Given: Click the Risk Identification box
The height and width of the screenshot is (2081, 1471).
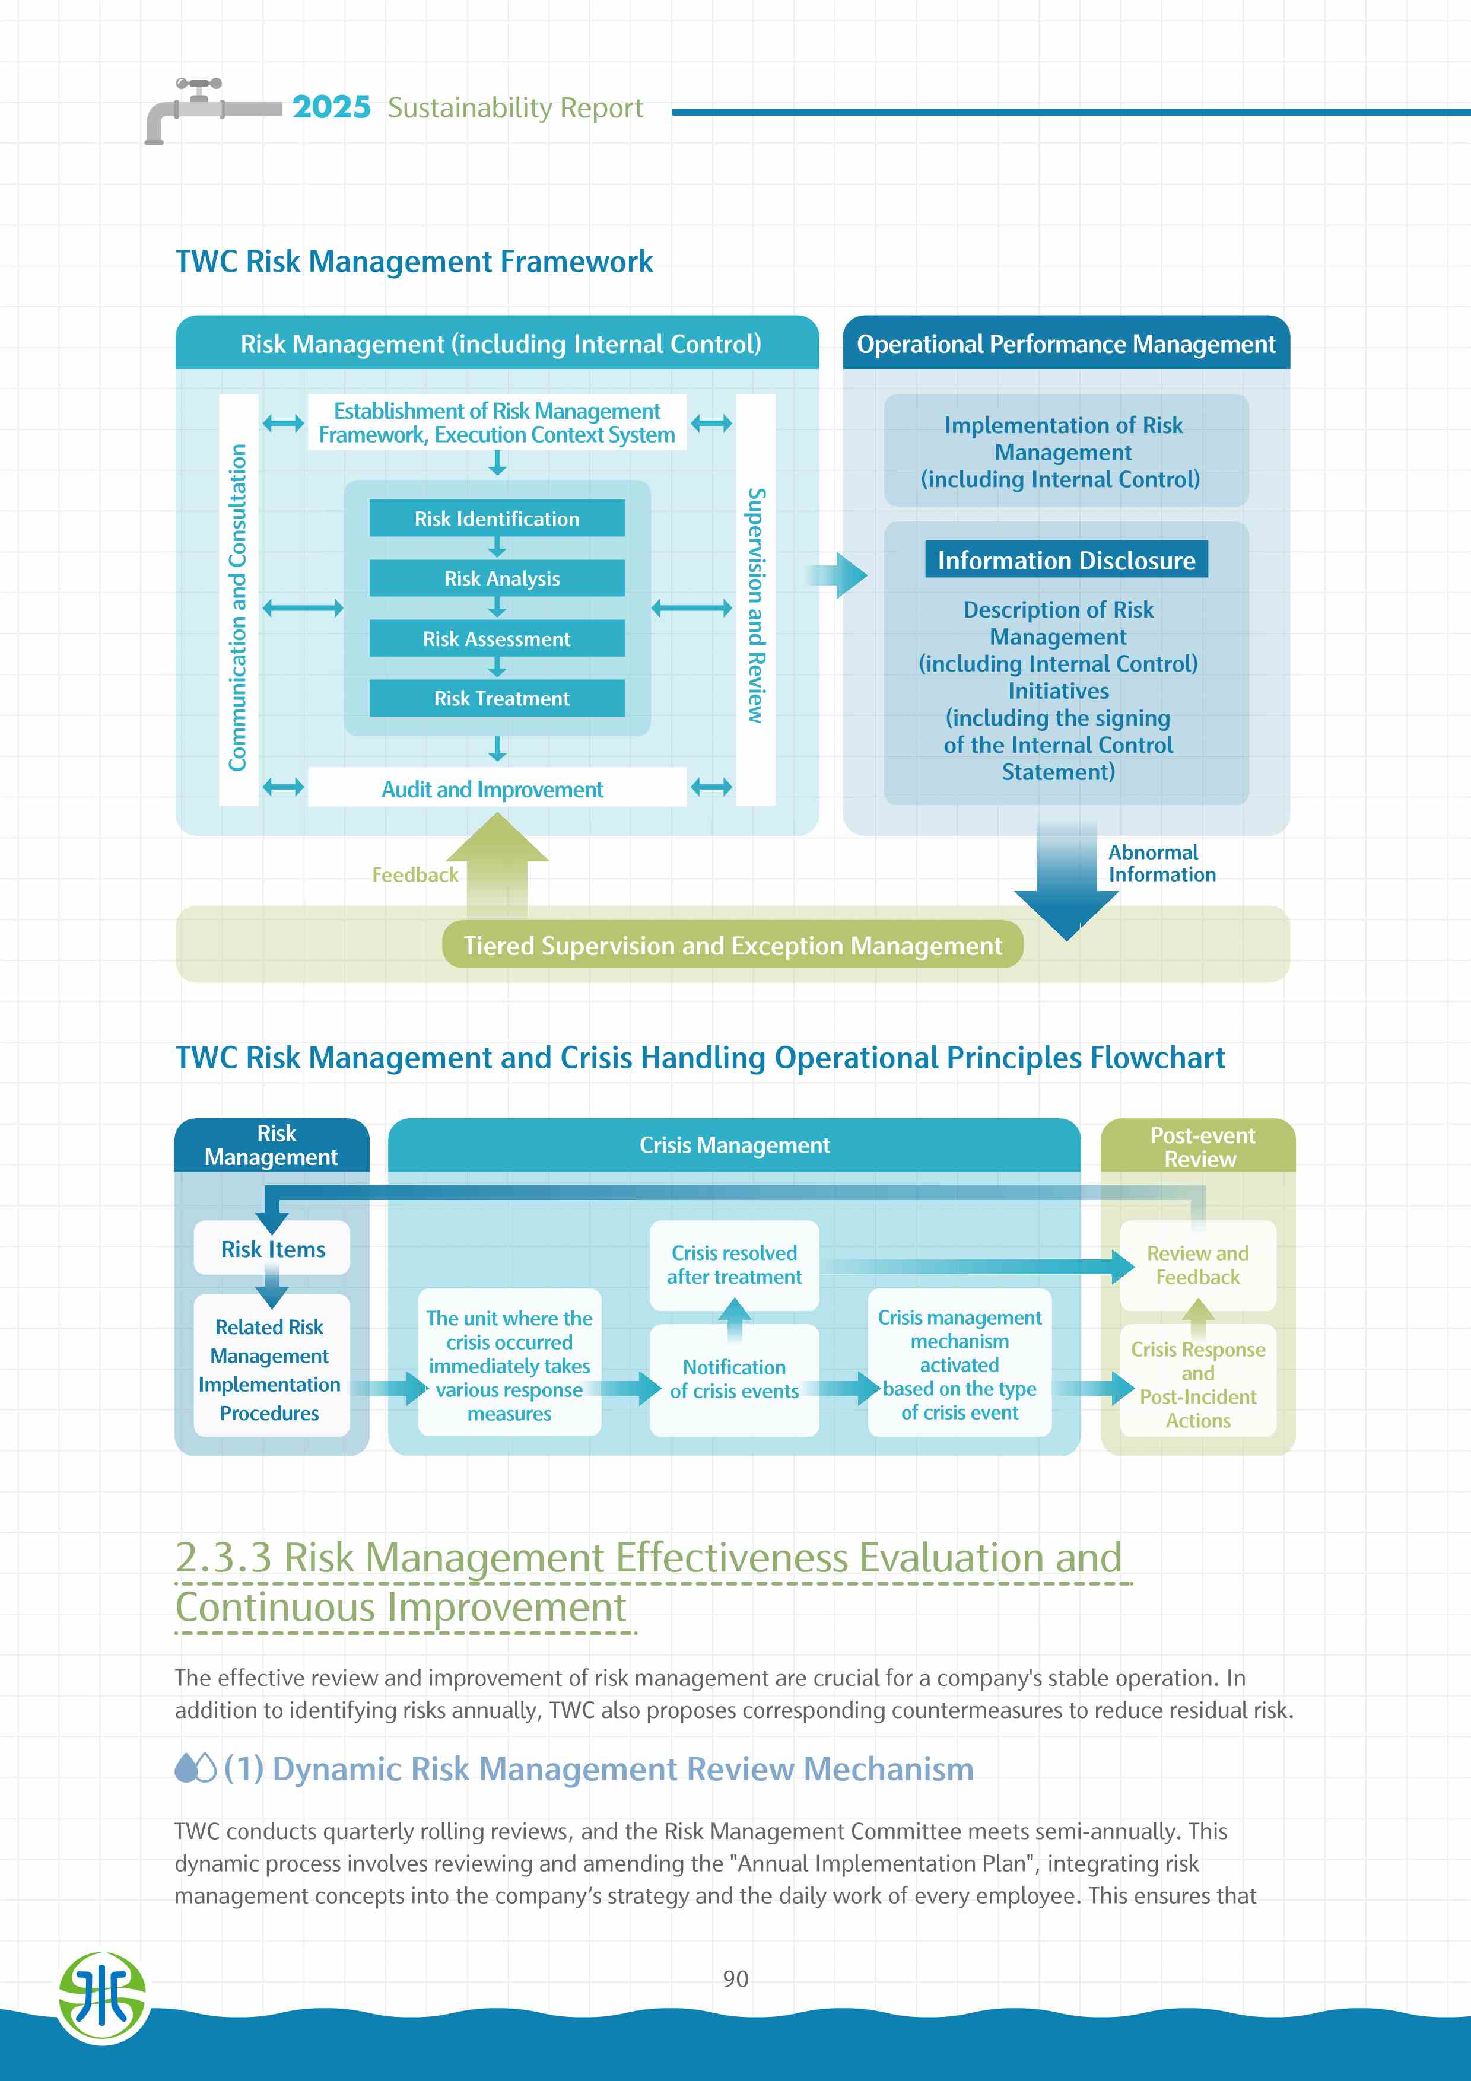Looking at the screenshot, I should pos(497,518).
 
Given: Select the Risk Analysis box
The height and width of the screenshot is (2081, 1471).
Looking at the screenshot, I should pos(497,578).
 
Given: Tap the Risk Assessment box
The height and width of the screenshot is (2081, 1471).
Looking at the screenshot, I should pos(497,639).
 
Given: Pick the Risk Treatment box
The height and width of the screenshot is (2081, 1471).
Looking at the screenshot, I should pos(497,698).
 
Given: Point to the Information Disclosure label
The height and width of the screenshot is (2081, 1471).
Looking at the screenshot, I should pos(1066,560).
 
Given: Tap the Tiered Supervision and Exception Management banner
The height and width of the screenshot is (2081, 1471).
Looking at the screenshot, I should pos(732,946).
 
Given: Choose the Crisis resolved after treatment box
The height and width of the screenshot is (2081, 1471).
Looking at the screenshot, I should pos(734,1264).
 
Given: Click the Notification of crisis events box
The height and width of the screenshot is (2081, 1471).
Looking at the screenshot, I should pos(734,1379).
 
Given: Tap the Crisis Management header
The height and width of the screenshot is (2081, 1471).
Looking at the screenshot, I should pos(734,1145).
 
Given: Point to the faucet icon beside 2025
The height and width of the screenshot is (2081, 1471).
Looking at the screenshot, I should pos(195,109).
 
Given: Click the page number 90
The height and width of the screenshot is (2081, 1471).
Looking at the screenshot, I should pos(735,1978).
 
